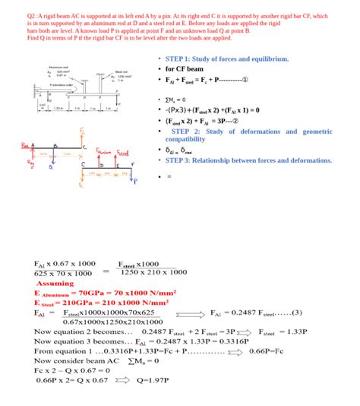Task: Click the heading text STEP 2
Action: coord(198,132)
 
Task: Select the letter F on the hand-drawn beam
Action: coord(134,163)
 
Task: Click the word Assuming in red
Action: coord(55,283)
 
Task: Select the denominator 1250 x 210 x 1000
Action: coord(155,272)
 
